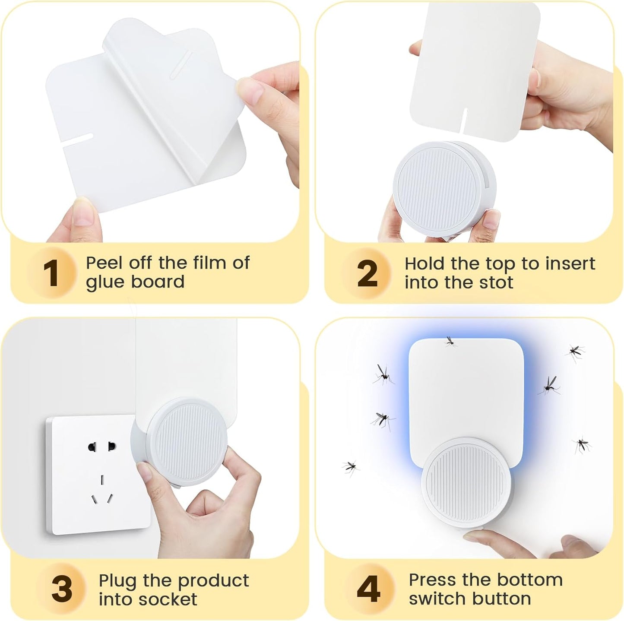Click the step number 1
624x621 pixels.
point(51,273)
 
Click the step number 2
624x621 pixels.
point(367,273)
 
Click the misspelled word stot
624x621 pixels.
point(496,282)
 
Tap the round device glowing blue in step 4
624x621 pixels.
point(467,482)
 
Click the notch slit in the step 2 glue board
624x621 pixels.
point(465,121)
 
